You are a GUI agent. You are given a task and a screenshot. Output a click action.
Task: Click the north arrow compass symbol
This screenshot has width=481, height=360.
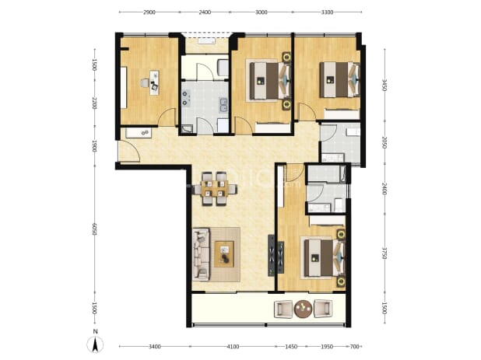95,344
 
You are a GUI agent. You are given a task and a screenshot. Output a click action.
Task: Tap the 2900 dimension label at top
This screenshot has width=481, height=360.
149,12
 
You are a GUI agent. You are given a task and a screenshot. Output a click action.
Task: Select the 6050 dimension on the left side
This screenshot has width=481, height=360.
94,229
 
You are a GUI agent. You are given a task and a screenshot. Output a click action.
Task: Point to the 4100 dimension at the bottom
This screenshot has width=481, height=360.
233,347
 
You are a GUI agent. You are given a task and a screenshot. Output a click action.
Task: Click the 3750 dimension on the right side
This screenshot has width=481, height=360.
384,252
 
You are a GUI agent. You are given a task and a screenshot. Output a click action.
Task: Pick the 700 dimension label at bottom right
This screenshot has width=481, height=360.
354,347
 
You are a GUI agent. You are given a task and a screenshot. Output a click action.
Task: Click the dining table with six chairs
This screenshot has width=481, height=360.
215,188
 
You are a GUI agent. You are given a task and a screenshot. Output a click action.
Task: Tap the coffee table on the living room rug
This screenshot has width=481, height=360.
224,254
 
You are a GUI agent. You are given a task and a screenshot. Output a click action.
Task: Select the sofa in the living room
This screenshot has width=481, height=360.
201,254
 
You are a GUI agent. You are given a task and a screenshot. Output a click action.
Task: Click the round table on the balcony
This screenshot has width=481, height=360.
303,309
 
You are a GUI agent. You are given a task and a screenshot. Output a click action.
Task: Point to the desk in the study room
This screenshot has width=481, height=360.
154,82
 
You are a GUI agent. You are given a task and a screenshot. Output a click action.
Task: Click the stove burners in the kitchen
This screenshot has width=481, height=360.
185,98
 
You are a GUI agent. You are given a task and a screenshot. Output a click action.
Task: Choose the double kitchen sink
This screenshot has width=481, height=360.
223,104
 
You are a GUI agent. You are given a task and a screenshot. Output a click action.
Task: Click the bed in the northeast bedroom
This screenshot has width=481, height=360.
339,80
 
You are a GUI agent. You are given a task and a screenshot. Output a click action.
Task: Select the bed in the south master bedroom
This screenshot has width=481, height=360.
324,257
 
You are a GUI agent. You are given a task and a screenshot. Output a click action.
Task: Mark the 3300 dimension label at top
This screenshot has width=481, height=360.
328,12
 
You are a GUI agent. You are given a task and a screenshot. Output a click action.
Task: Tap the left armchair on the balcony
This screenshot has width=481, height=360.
283,309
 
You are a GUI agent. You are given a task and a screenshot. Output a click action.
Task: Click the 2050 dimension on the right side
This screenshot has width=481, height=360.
384,142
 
